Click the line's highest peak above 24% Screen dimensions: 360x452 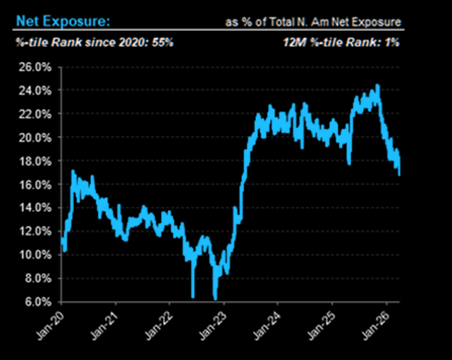click(378, 86)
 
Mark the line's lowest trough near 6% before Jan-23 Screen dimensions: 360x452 click(215, 298)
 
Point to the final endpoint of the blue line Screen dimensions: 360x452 click(400, 174)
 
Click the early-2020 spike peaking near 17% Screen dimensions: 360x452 click(73, 171)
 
